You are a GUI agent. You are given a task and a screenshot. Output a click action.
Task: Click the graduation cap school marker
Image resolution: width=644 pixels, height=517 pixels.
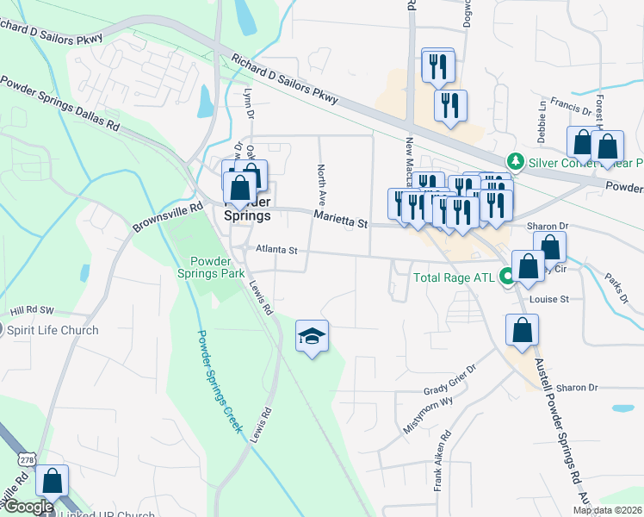313,335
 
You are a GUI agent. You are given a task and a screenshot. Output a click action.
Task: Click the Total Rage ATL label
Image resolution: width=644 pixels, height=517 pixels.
454,277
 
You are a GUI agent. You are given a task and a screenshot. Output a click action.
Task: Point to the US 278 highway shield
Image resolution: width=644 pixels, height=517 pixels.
22,462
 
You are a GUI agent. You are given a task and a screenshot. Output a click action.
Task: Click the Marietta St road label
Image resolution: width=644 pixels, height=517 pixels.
341,219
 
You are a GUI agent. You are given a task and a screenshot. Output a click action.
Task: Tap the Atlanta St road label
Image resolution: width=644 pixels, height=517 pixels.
276,251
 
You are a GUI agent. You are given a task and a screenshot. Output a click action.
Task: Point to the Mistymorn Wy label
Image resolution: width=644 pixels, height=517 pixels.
428,414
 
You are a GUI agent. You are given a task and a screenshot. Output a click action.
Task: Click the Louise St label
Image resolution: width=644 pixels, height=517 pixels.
551,299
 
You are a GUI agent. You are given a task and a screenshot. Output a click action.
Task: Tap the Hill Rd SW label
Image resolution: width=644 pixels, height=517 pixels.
32,310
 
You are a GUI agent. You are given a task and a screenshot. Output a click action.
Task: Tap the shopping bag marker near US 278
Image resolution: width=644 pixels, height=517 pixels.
53,482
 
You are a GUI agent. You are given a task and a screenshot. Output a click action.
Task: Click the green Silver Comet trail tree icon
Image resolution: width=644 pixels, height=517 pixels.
515,161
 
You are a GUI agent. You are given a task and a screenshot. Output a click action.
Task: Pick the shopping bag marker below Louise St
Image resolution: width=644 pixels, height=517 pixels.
522,331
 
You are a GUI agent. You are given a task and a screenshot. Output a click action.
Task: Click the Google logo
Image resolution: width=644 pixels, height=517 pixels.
28,508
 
